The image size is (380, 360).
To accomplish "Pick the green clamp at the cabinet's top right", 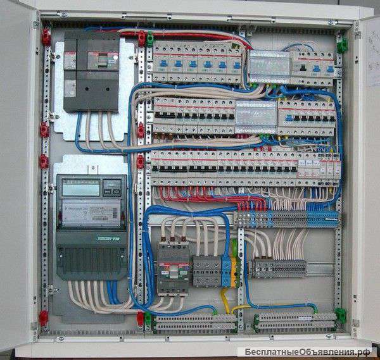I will point(342,45).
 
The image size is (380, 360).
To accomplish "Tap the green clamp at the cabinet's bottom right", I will point(341,314).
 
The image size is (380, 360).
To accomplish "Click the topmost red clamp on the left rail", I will point(46,37).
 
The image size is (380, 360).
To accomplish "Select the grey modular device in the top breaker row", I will point(269,64).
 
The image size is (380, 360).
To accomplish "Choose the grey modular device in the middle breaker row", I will point(256,116).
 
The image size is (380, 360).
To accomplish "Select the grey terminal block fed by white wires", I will point(279,268).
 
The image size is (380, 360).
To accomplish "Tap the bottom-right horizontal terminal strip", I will point(294,321).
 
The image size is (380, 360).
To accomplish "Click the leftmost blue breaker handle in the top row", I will point(163,63).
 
